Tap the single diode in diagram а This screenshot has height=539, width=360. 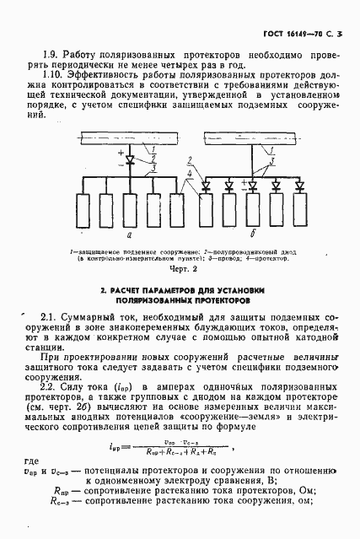[128, 159]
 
